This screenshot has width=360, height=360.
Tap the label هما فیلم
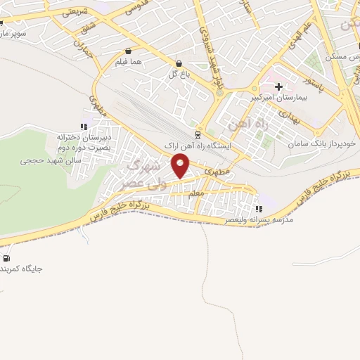129,62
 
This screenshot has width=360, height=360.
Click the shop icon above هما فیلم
128,51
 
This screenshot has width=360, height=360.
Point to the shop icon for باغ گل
179,63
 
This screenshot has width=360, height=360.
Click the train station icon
198,134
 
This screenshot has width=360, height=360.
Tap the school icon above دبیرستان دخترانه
84,127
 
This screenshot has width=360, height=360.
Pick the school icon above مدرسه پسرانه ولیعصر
259,209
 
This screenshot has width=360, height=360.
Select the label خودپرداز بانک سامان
322,143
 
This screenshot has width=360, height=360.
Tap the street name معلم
198,193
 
